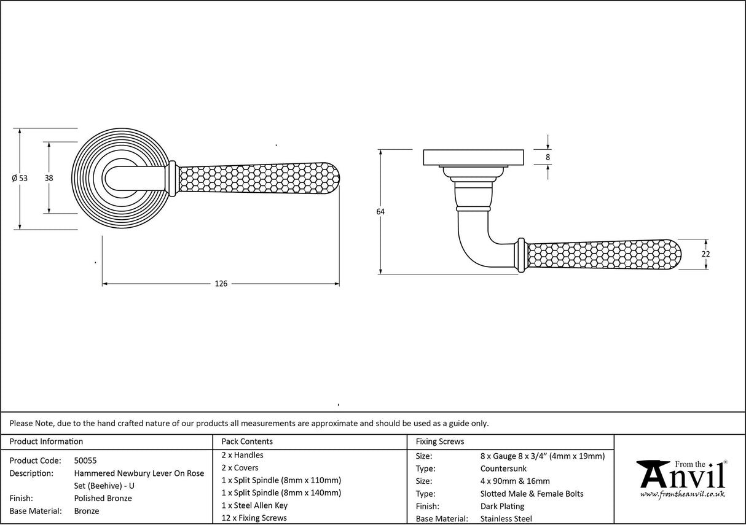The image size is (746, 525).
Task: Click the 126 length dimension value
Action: pos(221,284)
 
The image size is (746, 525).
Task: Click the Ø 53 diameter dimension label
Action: pos(20,178)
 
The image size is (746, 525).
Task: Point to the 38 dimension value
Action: pos(49,178)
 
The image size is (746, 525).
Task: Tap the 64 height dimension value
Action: pos(380,212)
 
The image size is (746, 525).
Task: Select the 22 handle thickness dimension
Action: pos(705,254)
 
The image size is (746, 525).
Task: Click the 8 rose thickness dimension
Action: pos(548,157)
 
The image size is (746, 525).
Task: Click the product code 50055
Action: pos(85,461)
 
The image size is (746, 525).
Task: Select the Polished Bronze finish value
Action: pos(103,499)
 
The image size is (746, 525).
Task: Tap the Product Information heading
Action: pos(46,441)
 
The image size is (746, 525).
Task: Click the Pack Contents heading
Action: pos(247,441)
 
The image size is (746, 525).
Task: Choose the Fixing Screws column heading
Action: pos(440,441)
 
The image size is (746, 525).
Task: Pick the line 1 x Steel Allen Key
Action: pos(254,505)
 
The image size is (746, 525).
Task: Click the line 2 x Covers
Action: pos(240,468)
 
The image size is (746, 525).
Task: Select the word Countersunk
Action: pos(503,469)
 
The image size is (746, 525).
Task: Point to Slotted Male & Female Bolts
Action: pos(532,494)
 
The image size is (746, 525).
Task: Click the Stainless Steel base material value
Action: pos(506,519)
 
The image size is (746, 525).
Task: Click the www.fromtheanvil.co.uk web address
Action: pos(682,494)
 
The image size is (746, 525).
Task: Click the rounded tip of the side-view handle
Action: pos(678,254)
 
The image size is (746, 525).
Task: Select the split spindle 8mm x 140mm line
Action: pos(281,492)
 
